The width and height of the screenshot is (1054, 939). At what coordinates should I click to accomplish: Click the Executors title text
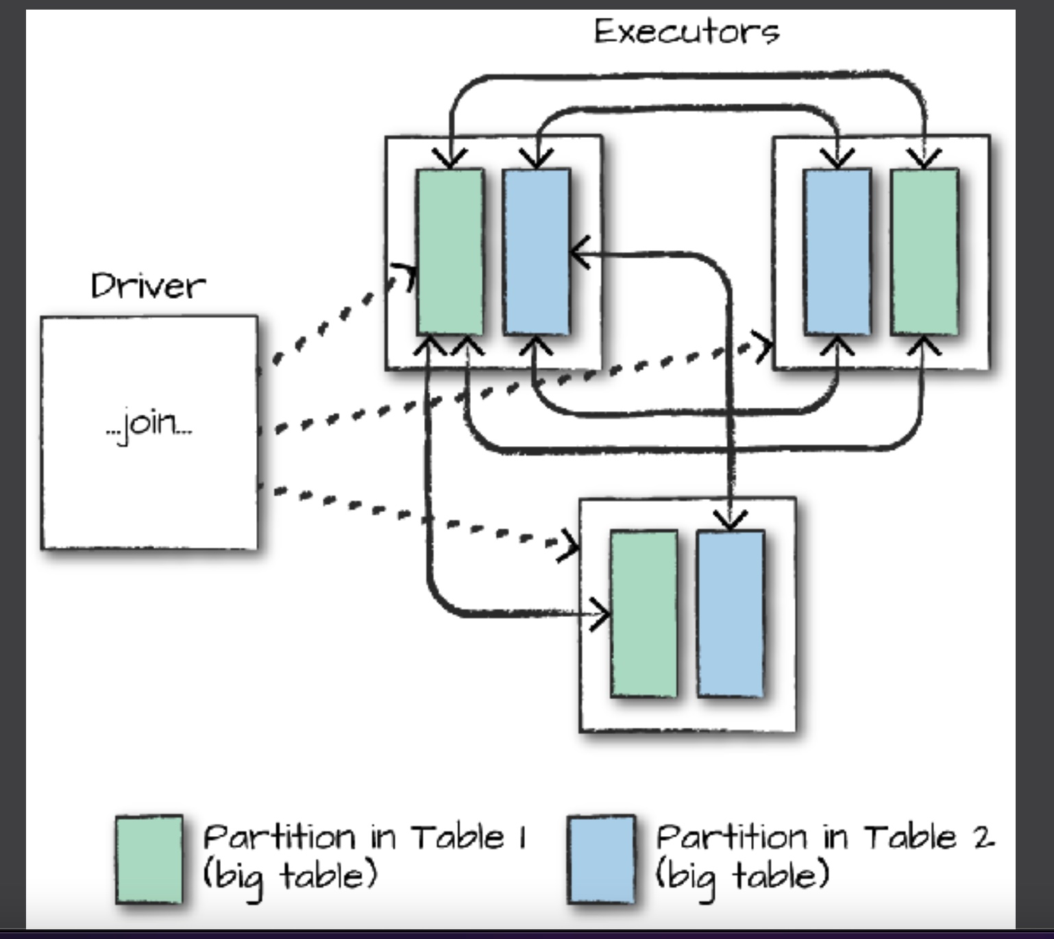tap(686, 32)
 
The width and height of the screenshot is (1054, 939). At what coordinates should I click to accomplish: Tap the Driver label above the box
tap(148, 285)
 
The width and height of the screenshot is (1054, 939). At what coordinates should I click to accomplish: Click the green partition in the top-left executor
tap(450, 251)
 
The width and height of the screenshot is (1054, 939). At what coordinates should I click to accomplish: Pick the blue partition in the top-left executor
tap(536, 251)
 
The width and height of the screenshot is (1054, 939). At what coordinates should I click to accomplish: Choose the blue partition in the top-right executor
tap(837, 251)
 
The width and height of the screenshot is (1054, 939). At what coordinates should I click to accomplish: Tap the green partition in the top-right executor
tap(924, 251)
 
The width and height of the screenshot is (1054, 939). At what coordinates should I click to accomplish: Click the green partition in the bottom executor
tap(644, 613)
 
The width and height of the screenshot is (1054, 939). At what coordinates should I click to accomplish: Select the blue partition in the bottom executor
tap(731, 613)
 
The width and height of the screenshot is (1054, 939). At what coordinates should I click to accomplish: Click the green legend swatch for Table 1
tap(149, 859)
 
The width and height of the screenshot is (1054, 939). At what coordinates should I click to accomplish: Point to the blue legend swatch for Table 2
tap(601, 859)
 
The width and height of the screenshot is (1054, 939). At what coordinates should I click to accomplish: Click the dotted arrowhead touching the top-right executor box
tap(763, 346)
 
